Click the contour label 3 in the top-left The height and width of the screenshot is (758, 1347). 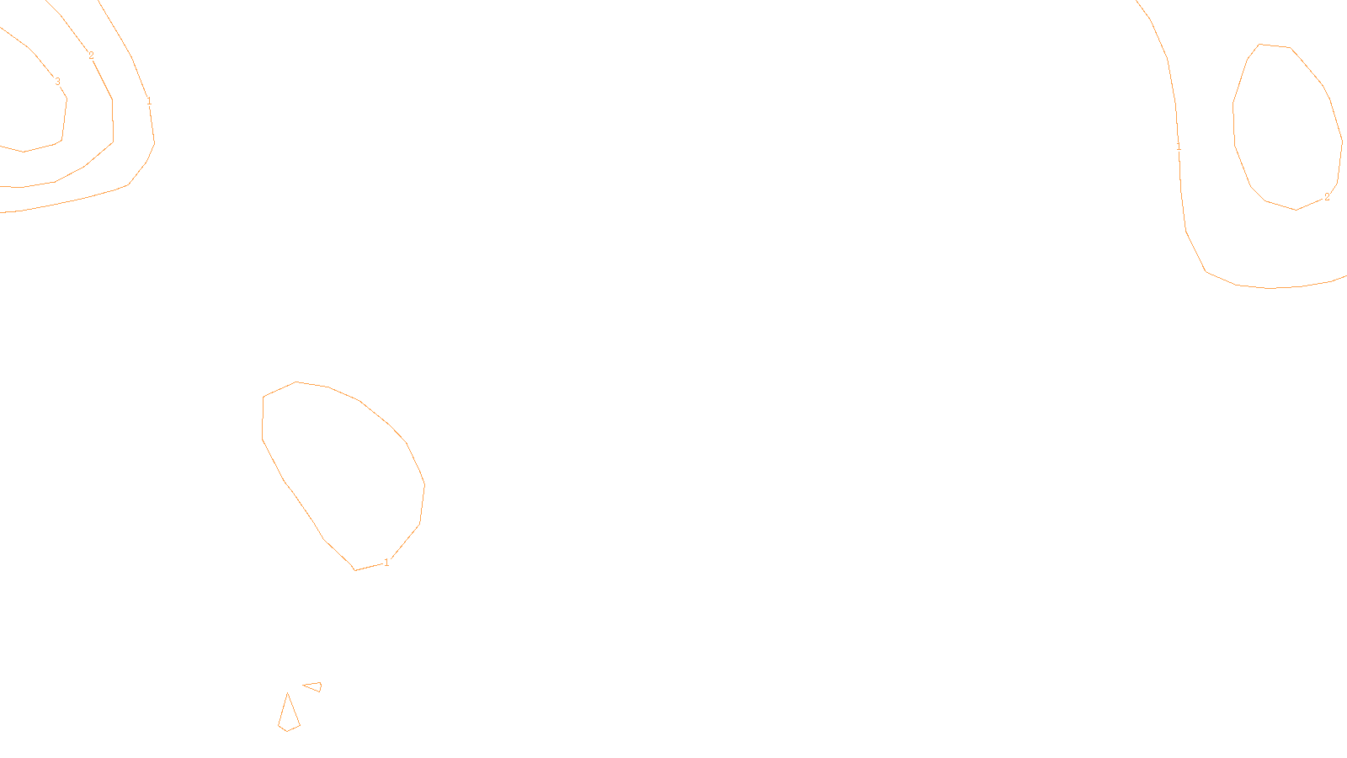[57, 82]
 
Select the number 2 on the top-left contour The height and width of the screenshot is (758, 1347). [91, 56]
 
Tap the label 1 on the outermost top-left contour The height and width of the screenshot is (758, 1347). [149, 102]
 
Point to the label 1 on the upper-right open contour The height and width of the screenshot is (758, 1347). [1179, 147]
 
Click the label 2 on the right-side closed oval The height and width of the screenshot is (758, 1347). [1327, 197]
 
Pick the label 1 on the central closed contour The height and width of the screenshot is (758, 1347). [386, 563]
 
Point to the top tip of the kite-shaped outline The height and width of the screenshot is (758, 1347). [288, 694]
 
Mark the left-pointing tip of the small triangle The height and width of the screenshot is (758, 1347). [304, 686]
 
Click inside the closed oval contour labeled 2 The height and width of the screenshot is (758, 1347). [1286, 126]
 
